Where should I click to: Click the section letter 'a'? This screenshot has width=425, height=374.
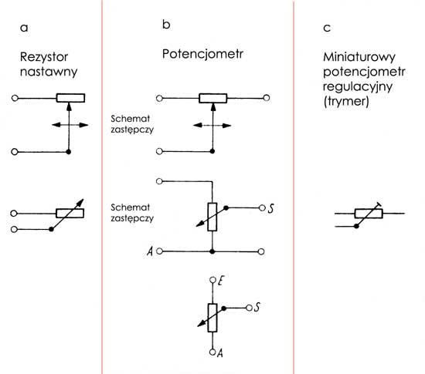point(24,28)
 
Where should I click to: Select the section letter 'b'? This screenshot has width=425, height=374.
point(166,25)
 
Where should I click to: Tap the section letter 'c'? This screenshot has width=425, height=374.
point(327,28)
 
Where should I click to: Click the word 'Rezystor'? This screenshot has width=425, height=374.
point(44,57)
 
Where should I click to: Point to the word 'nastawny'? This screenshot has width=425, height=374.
point(49,72)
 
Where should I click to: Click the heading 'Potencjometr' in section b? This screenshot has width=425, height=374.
point(202,54)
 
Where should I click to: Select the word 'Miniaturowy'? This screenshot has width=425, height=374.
point(359,57)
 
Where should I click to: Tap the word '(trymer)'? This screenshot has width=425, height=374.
point(346,102)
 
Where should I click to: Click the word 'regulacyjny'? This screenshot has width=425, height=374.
point(358,87)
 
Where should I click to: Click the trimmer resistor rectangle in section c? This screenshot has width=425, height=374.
point(369,214)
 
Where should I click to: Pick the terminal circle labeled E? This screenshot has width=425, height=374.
point(212,280)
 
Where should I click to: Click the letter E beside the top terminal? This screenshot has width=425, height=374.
point(220,281)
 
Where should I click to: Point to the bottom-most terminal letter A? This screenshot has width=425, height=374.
point(220,353)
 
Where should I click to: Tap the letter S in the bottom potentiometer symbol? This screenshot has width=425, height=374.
point(257,307)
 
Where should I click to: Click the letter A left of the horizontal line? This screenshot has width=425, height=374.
point(150,251)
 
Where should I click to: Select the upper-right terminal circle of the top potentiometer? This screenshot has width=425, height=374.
point(267,98)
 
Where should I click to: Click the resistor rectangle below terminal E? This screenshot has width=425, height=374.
point(212,318)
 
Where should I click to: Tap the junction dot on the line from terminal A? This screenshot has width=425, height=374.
point(212,251)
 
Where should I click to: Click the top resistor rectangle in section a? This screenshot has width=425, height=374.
point(70,98)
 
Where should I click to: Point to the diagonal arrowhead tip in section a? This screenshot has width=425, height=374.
point(83,199)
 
